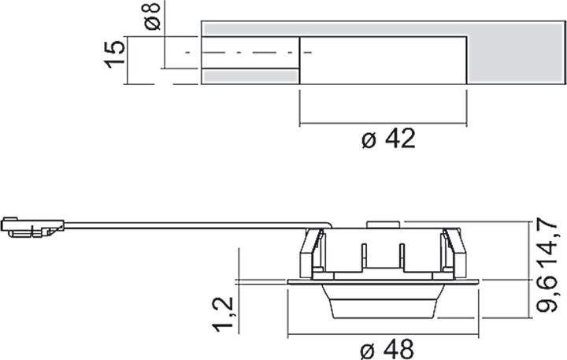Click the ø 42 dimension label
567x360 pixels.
point(387,140)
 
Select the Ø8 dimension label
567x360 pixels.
point(154,17)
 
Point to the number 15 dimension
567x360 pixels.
point(115,54)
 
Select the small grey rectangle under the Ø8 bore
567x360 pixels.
point(250,77)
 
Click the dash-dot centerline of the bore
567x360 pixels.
point(244,53)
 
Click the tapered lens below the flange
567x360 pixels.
point(382,303)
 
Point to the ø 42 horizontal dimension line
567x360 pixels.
point(384,124)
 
